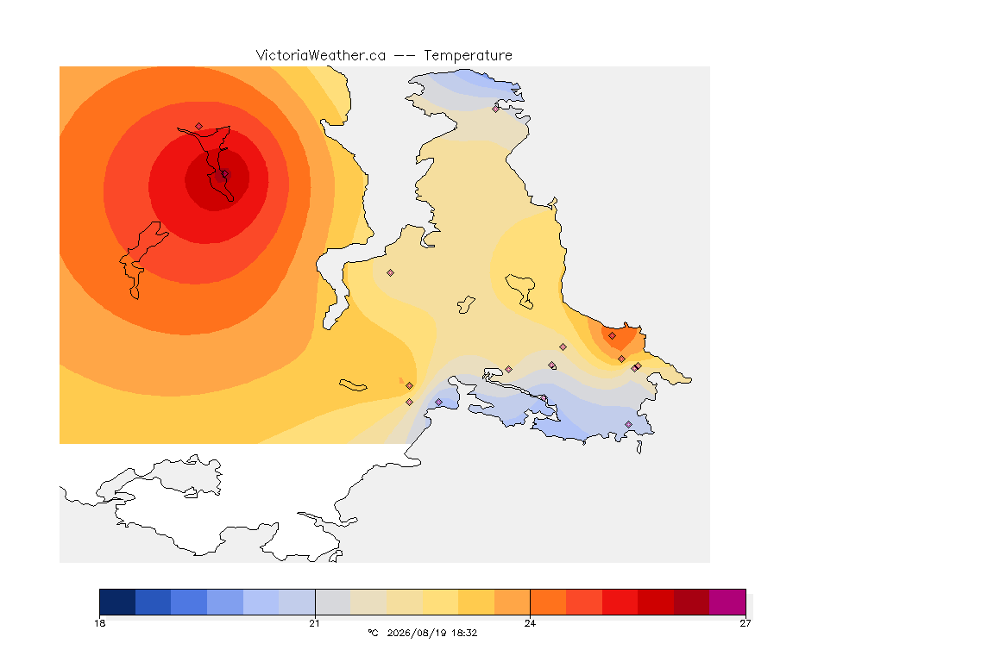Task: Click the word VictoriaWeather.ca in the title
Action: [321, 56]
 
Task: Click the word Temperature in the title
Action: [468, 56]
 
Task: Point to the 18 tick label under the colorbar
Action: [99, 623]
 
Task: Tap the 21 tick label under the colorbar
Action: [314, 623]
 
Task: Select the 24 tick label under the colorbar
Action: [530, 623]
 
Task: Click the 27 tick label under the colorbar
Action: [745, 623]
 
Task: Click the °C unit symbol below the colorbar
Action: [373, 633]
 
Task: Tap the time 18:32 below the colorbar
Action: [464, 633]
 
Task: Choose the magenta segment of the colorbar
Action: [727, 602]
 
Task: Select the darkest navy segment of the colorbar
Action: [117, 602]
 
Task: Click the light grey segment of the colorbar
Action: [333, 602]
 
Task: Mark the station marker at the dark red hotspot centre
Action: [224, 173]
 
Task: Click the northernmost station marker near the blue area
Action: [496, 109]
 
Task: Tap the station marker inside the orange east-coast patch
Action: [612, 336]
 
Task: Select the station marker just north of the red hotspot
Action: [199, 127]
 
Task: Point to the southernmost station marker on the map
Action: [628, 424]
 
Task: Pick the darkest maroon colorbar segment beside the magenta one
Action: [692, 602]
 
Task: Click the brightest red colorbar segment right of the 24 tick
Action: [620, 602]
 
